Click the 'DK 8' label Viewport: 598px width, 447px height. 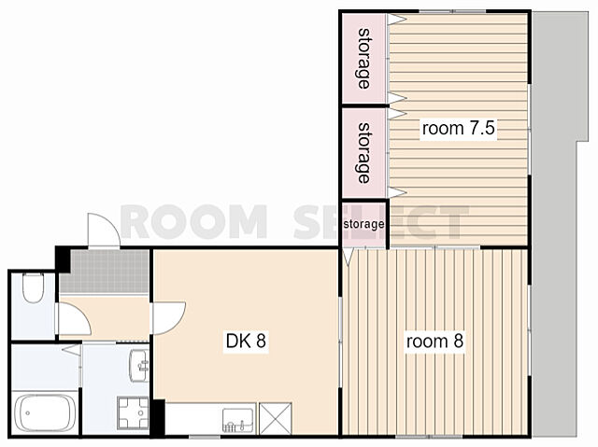point(246,341)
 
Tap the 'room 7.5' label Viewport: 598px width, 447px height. point(459,128)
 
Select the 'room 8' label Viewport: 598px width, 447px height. point(434,342)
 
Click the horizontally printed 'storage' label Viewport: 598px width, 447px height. point(363,224)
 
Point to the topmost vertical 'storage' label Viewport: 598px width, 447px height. point(364,59)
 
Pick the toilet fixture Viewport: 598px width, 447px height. point(34,287)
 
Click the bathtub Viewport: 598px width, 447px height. point(44,412)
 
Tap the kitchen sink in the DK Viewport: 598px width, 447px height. point(238,420)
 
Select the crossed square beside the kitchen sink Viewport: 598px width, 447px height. point(276,418)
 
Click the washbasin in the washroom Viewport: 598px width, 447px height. point(139,365)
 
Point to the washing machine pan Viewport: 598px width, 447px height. point(133,412)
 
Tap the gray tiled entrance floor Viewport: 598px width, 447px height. point(104,272)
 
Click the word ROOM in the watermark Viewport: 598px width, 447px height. point(193,221)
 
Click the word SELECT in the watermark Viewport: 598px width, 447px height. point(381,221)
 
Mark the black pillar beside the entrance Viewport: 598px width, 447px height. point(63,258)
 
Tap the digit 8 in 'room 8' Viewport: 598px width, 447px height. point(458,342)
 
